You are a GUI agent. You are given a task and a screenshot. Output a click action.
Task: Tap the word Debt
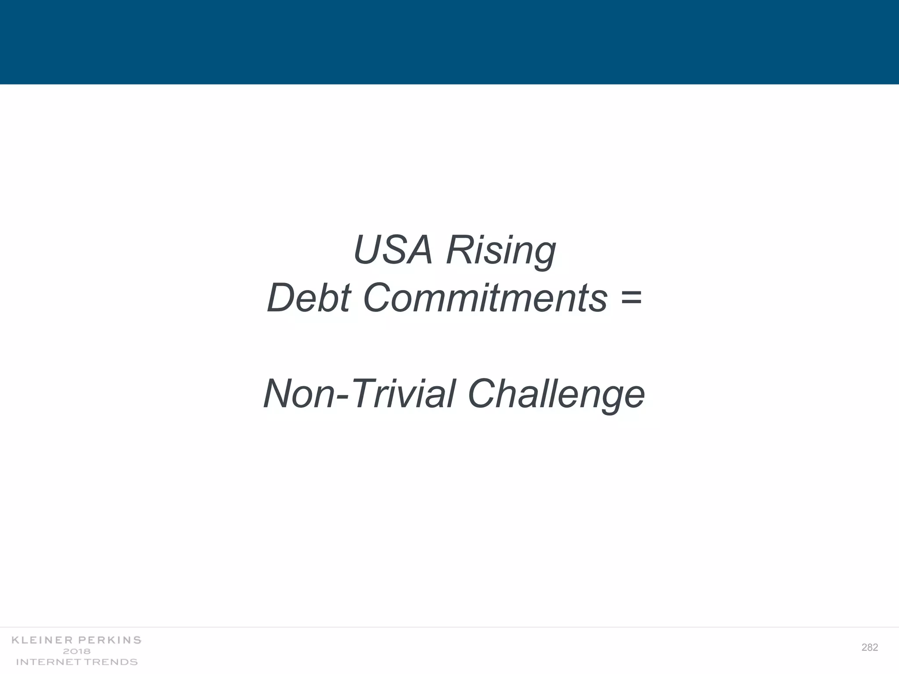pyautogui.click(x=309, y=298)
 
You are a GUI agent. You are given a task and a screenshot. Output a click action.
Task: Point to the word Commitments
pyautogui.click(x=485, y=298)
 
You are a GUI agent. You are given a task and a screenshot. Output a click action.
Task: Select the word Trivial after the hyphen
pyautogui.click(x=403, y=394)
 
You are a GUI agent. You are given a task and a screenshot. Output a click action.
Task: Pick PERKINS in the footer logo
pyautogui.click(x=109, y=640)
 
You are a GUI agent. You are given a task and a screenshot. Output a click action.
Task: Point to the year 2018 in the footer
pyautogui.click(x=77, y=651)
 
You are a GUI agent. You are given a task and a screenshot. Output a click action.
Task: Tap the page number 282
pyautogui.click(x=870, y=648)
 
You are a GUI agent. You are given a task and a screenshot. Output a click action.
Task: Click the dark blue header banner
pyautogui.click(x=449, y=42)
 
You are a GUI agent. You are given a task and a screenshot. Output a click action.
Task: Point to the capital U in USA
pyautogui.click(x=369, y=250)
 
